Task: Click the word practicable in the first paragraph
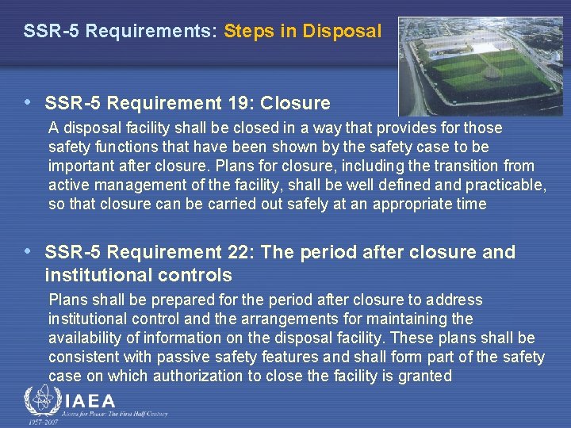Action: [508, 185]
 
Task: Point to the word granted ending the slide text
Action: [426, 376]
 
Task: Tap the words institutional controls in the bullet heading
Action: [139, 276]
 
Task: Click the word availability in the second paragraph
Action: [86, 338]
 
